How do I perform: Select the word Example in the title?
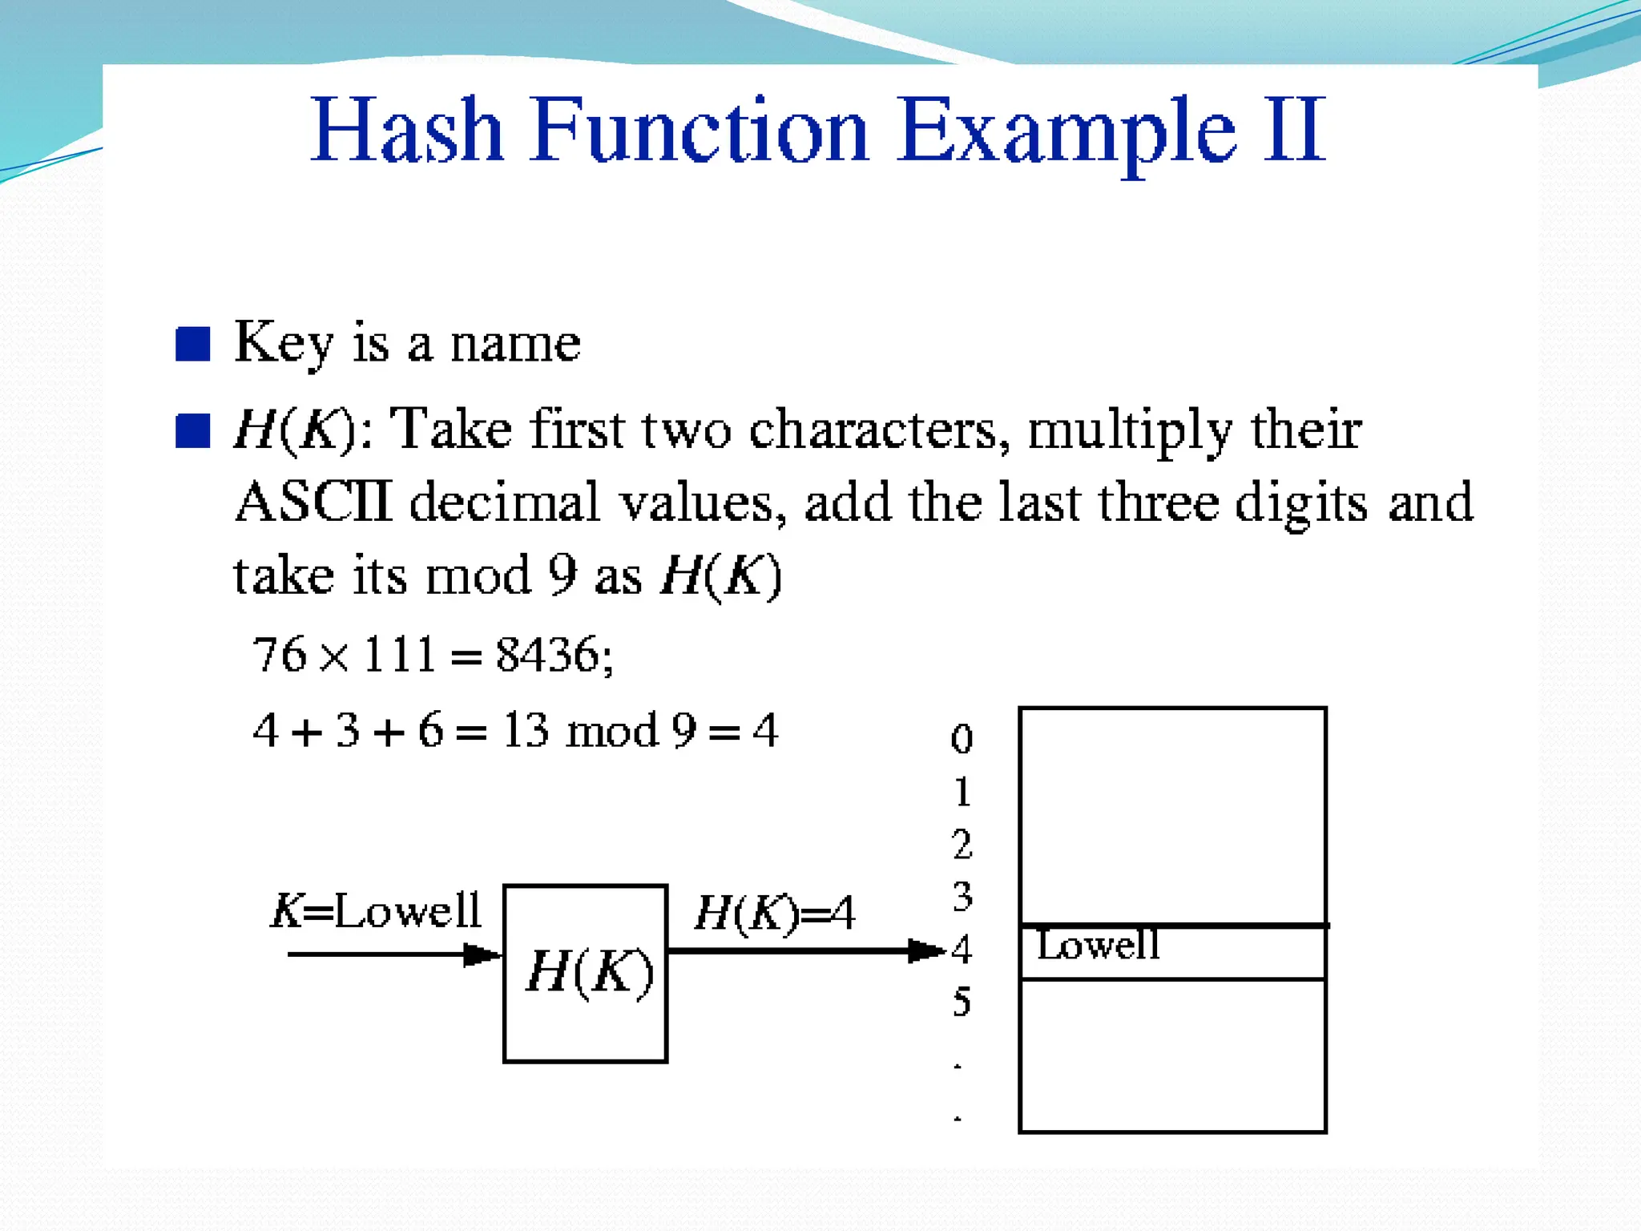point(1066,132)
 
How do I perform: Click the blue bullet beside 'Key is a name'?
point(192,345)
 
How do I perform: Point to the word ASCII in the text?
point(314,502)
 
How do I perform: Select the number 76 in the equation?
point(280,654)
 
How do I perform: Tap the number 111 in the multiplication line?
point(399,654)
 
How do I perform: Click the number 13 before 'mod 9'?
point(526,730)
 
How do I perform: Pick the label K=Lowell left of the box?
point(376,910)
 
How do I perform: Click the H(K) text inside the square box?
point(590,971)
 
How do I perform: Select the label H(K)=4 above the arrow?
point(775,912)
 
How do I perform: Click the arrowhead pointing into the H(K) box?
point(482,955)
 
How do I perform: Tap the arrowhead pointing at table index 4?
point(926,951)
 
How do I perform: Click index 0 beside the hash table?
point(962,738)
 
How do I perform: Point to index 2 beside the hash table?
point(962,844)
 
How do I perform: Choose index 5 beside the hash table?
point(962,1002)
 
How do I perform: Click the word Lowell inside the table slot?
point(1098,945)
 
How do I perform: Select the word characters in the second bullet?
point(873,430)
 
